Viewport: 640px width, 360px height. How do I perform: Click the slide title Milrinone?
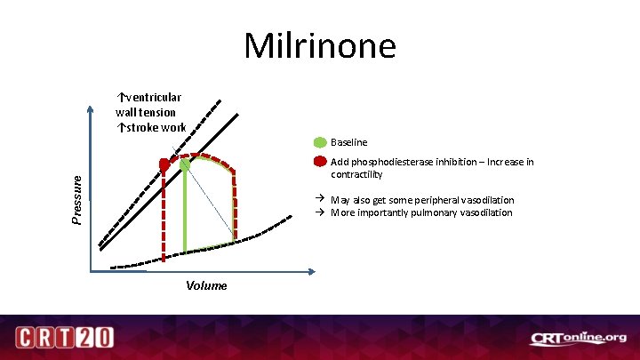[x=320, y=44]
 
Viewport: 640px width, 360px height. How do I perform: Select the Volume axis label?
[x=206, y=285]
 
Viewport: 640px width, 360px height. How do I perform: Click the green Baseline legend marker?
[x=320, y=142]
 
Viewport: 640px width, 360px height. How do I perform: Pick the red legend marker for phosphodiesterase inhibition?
[x=320, y=163]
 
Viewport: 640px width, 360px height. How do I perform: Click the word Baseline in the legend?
[x=348, y=142]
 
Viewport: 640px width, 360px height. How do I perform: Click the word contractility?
[x=356, y=174]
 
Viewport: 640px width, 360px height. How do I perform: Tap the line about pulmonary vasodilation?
[x=421, y=212]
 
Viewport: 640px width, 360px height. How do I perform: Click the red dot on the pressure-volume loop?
[x=164, y=165]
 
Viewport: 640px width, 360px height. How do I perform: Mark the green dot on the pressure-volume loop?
[x=185, y=164]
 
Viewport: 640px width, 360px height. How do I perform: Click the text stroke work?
[x=155, y=127]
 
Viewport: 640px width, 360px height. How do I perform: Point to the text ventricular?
[x=152, y=97]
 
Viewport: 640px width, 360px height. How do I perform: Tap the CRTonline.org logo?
[x=578, y=338]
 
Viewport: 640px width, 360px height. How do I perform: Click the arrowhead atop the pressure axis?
[x=90, y=111]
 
